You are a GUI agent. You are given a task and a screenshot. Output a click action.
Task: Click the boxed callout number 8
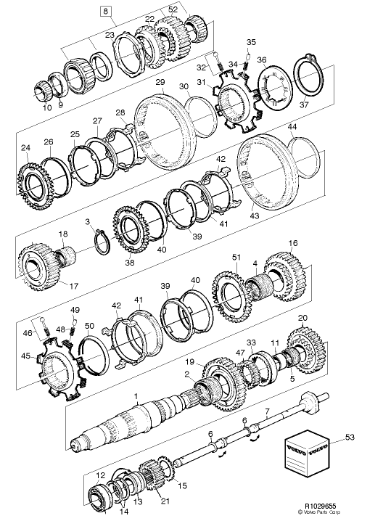[106, 11]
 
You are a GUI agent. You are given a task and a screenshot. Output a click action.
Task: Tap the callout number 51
[234, 257]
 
